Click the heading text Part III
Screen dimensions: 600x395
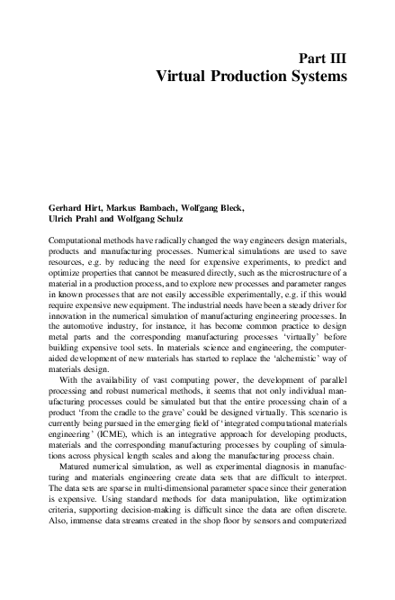click(319, 59)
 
